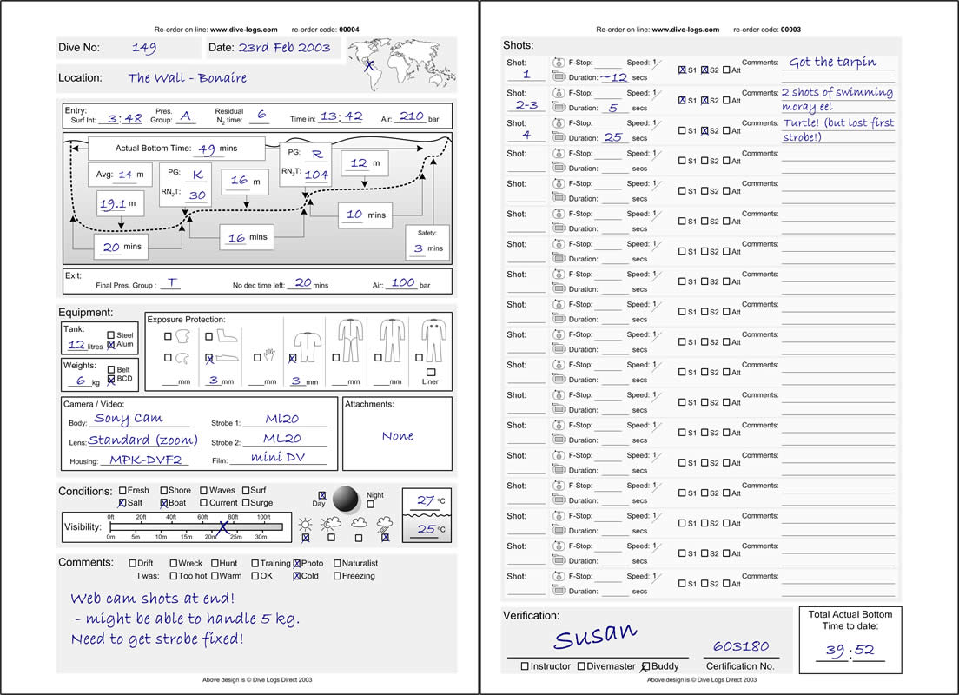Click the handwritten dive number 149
(143, 49)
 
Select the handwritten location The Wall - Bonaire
(187, 78)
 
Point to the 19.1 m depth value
(114, 205)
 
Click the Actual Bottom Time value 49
(207, 149)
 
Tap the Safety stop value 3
(418, 248)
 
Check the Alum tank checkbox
(111, 345)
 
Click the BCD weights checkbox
(111, 380)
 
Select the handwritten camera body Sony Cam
(129, 419)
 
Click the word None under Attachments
(397, 436)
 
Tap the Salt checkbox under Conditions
(122, 503)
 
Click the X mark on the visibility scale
(223, 526)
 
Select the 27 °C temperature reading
(426, 500)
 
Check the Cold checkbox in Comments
(297, 576)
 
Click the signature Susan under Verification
(595, 636)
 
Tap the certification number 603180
(741, 646)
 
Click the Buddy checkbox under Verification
(645, 666)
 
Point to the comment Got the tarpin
(832, 63)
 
